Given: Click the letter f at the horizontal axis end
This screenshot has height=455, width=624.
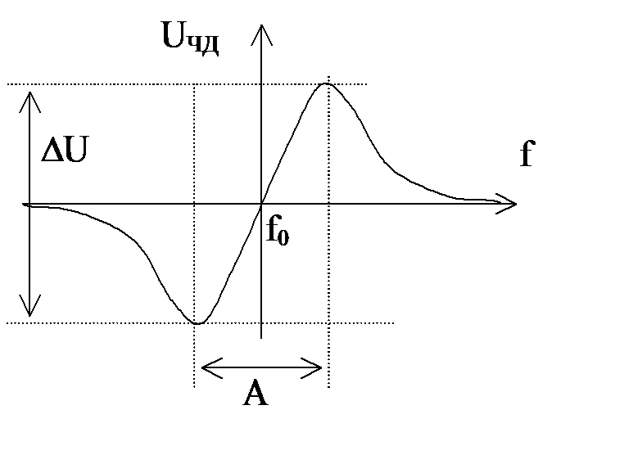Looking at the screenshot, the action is point(527,153).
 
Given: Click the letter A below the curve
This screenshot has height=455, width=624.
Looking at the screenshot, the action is point(256,396).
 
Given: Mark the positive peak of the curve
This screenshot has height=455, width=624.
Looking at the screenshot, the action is point(327,83).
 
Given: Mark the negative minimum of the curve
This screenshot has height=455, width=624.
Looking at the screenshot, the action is point(197,322).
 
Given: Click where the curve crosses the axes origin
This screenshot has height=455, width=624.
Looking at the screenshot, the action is point(261,203).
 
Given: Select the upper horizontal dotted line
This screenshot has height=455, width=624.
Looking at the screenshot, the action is point(123,84).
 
